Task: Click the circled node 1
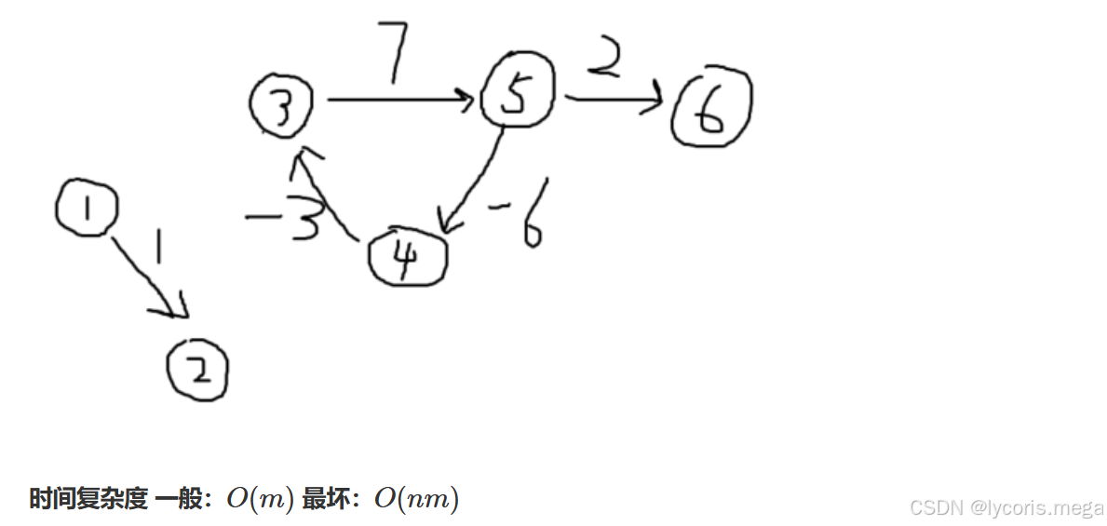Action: point(87,209)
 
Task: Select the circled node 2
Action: point(197,371)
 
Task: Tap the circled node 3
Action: point(282,105)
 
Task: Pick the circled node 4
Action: point(407,257)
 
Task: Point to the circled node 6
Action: point(711,110)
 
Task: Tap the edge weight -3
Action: point(284,220)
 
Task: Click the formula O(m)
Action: point(260,499)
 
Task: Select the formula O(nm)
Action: point(416,499)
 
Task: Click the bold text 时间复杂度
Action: point(88,499)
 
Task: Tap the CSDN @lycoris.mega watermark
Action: point(1006,507)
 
